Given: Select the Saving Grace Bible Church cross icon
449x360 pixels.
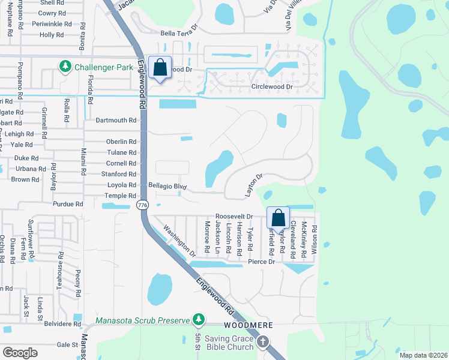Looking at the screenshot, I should [x=263, y=342].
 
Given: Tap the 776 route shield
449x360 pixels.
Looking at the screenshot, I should [x=142, y=205].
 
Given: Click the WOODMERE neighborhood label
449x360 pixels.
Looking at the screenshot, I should [x=249, y=325].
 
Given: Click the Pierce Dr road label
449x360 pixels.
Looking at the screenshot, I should [x=261, y=262].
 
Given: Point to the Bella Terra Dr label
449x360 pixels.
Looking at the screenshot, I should [x=178, y=33].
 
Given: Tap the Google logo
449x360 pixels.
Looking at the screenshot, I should [x=20, y=353].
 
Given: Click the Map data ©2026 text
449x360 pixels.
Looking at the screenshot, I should [x=423, y=355].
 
